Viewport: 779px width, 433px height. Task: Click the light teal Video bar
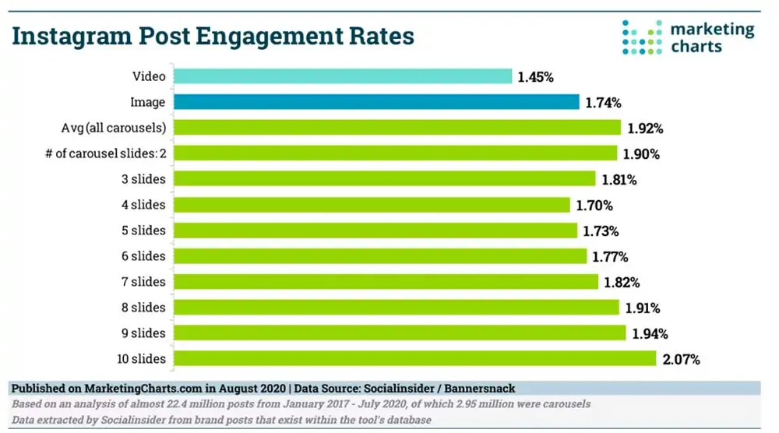tap(343, 76)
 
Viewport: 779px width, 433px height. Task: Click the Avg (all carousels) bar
tap(397, 128)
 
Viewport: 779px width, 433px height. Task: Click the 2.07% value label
tap(681, 359)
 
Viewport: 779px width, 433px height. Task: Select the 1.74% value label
tap(601, 103)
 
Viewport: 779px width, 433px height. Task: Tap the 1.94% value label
tap(650, 333)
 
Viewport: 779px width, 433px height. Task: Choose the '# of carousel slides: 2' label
tap(105, 153)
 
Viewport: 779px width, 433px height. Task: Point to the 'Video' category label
tap(149, 76)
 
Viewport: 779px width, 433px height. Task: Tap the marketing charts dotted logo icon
tap(642, 37)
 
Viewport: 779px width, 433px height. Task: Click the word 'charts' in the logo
tap(696, 46)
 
